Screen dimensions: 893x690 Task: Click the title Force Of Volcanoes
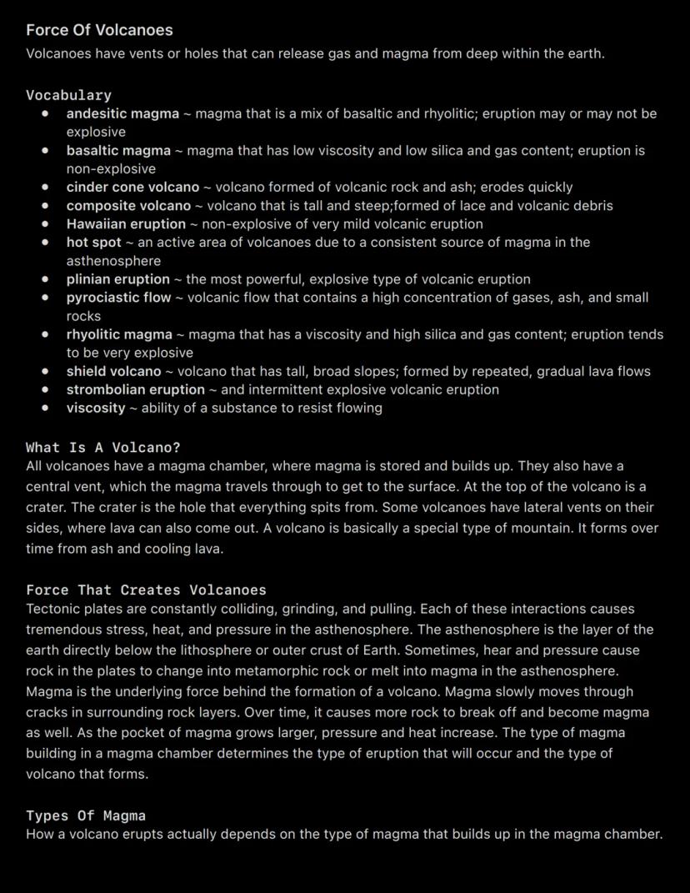point(99,30)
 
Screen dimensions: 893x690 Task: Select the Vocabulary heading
point(68,95)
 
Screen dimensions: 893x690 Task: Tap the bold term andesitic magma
point(122,113)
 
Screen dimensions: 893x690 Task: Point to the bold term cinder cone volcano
point(132,187)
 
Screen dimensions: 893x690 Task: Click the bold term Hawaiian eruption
point(126,223)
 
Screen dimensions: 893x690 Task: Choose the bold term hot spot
point(94,242)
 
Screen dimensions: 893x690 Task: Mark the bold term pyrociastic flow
point(118,297)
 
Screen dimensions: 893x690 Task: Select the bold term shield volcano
point(113,371)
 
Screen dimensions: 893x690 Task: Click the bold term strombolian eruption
point(135,389)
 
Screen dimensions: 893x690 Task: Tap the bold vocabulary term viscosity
point(96,408)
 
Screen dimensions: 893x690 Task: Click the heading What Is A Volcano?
point(103,448)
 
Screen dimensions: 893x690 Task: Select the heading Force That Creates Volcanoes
point(146,590)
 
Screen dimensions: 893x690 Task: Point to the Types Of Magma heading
point(86,815)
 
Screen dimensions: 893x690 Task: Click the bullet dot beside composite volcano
point(45,205)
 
